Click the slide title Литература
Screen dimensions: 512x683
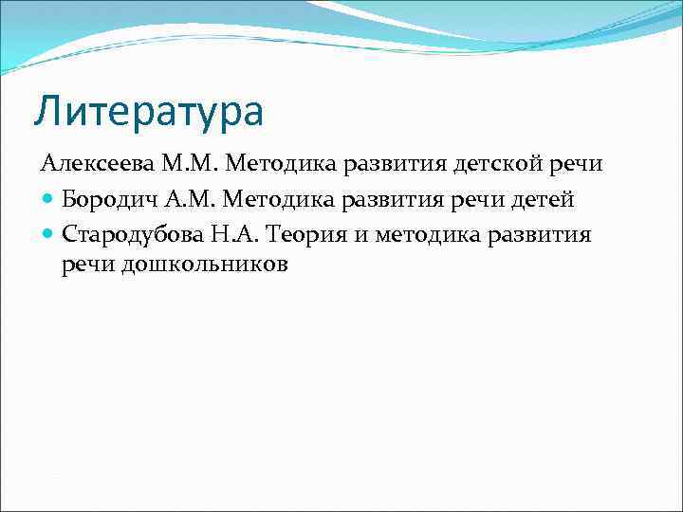[148, 111]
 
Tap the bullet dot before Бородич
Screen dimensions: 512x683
[47, 200]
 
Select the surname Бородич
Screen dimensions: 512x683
[106, 199]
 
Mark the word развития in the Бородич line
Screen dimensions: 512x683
[393, 200]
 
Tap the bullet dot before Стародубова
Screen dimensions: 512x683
[47, 234]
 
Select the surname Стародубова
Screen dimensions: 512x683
[127, 233]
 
